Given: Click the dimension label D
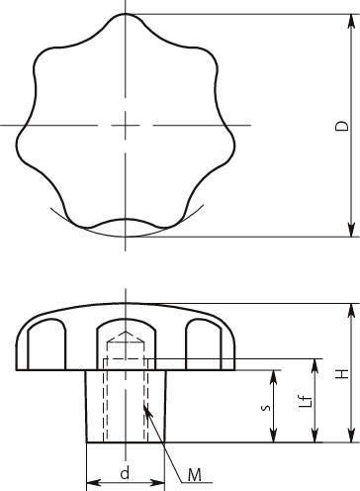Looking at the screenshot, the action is click(x=342, y=126).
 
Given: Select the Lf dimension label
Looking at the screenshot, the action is click(x=306, y=401).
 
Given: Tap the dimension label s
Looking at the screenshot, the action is click(x=266, y=408).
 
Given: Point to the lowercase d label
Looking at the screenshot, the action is click(x=125, y=474).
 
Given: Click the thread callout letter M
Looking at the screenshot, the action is click(x=195, y=475).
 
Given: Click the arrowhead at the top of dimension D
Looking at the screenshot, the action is click(x=352, y=23).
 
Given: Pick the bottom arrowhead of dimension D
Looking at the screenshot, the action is click(x=352, y=229).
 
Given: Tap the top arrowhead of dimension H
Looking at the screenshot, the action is click(x=352, y=312).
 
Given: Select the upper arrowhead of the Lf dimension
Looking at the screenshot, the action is click(x=315, y=367).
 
